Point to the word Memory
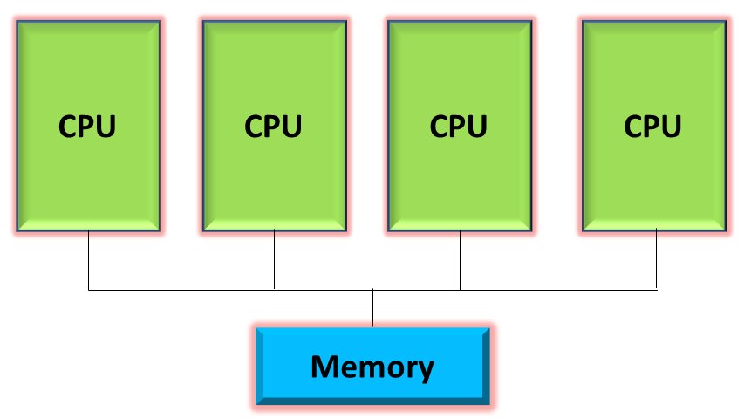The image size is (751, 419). (372, 367)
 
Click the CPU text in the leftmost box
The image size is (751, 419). (87, 126)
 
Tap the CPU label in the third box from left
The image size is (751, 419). (459, 126)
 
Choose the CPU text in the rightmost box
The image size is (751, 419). (654, 126)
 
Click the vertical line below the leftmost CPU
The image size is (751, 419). (89, 260)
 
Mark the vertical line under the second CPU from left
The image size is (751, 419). (275, 260)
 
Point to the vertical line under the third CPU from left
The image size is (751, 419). (460, 260)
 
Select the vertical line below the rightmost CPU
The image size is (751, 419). (656, 260)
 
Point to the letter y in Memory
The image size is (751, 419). (424, 370)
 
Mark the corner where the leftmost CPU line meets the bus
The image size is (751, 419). (89, 289)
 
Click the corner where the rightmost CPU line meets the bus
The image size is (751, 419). (656, 289)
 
